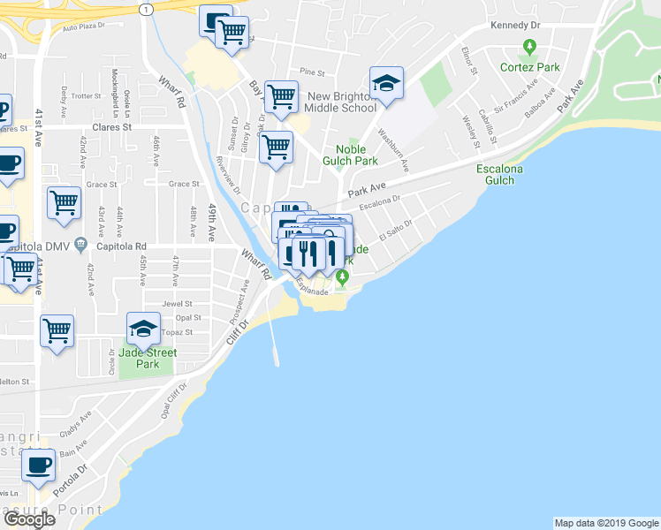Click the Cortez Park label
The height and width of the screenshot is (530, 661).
[x=529, y=67]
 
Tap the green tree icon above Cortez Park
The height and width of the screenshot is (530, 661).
[x=529, y=46]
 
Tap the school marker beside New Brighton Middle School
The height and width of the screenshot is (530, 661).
[x=386, y=83]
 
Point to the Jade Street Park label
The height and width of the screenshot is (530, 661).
[x=148, y=358]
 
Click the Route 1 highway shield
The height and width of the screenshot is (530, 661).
[x=147, y=8]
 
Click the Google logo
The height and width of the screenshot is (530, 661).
[x=28, y=519]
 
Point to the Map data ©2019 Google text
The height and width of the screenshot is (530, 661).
[x=605, y=523]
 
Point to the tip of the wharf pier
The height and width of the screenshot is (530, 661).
[x=277, y=363]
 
